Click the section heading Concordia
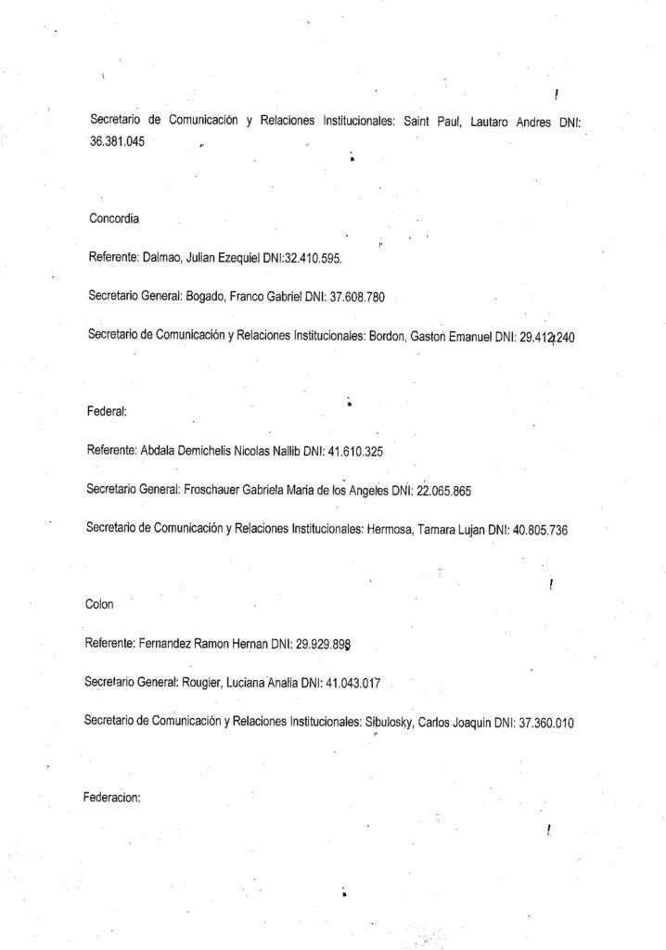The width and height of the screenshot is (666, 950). [113, 220]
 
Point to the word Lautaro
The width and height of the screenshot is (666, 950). [482, 122]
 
